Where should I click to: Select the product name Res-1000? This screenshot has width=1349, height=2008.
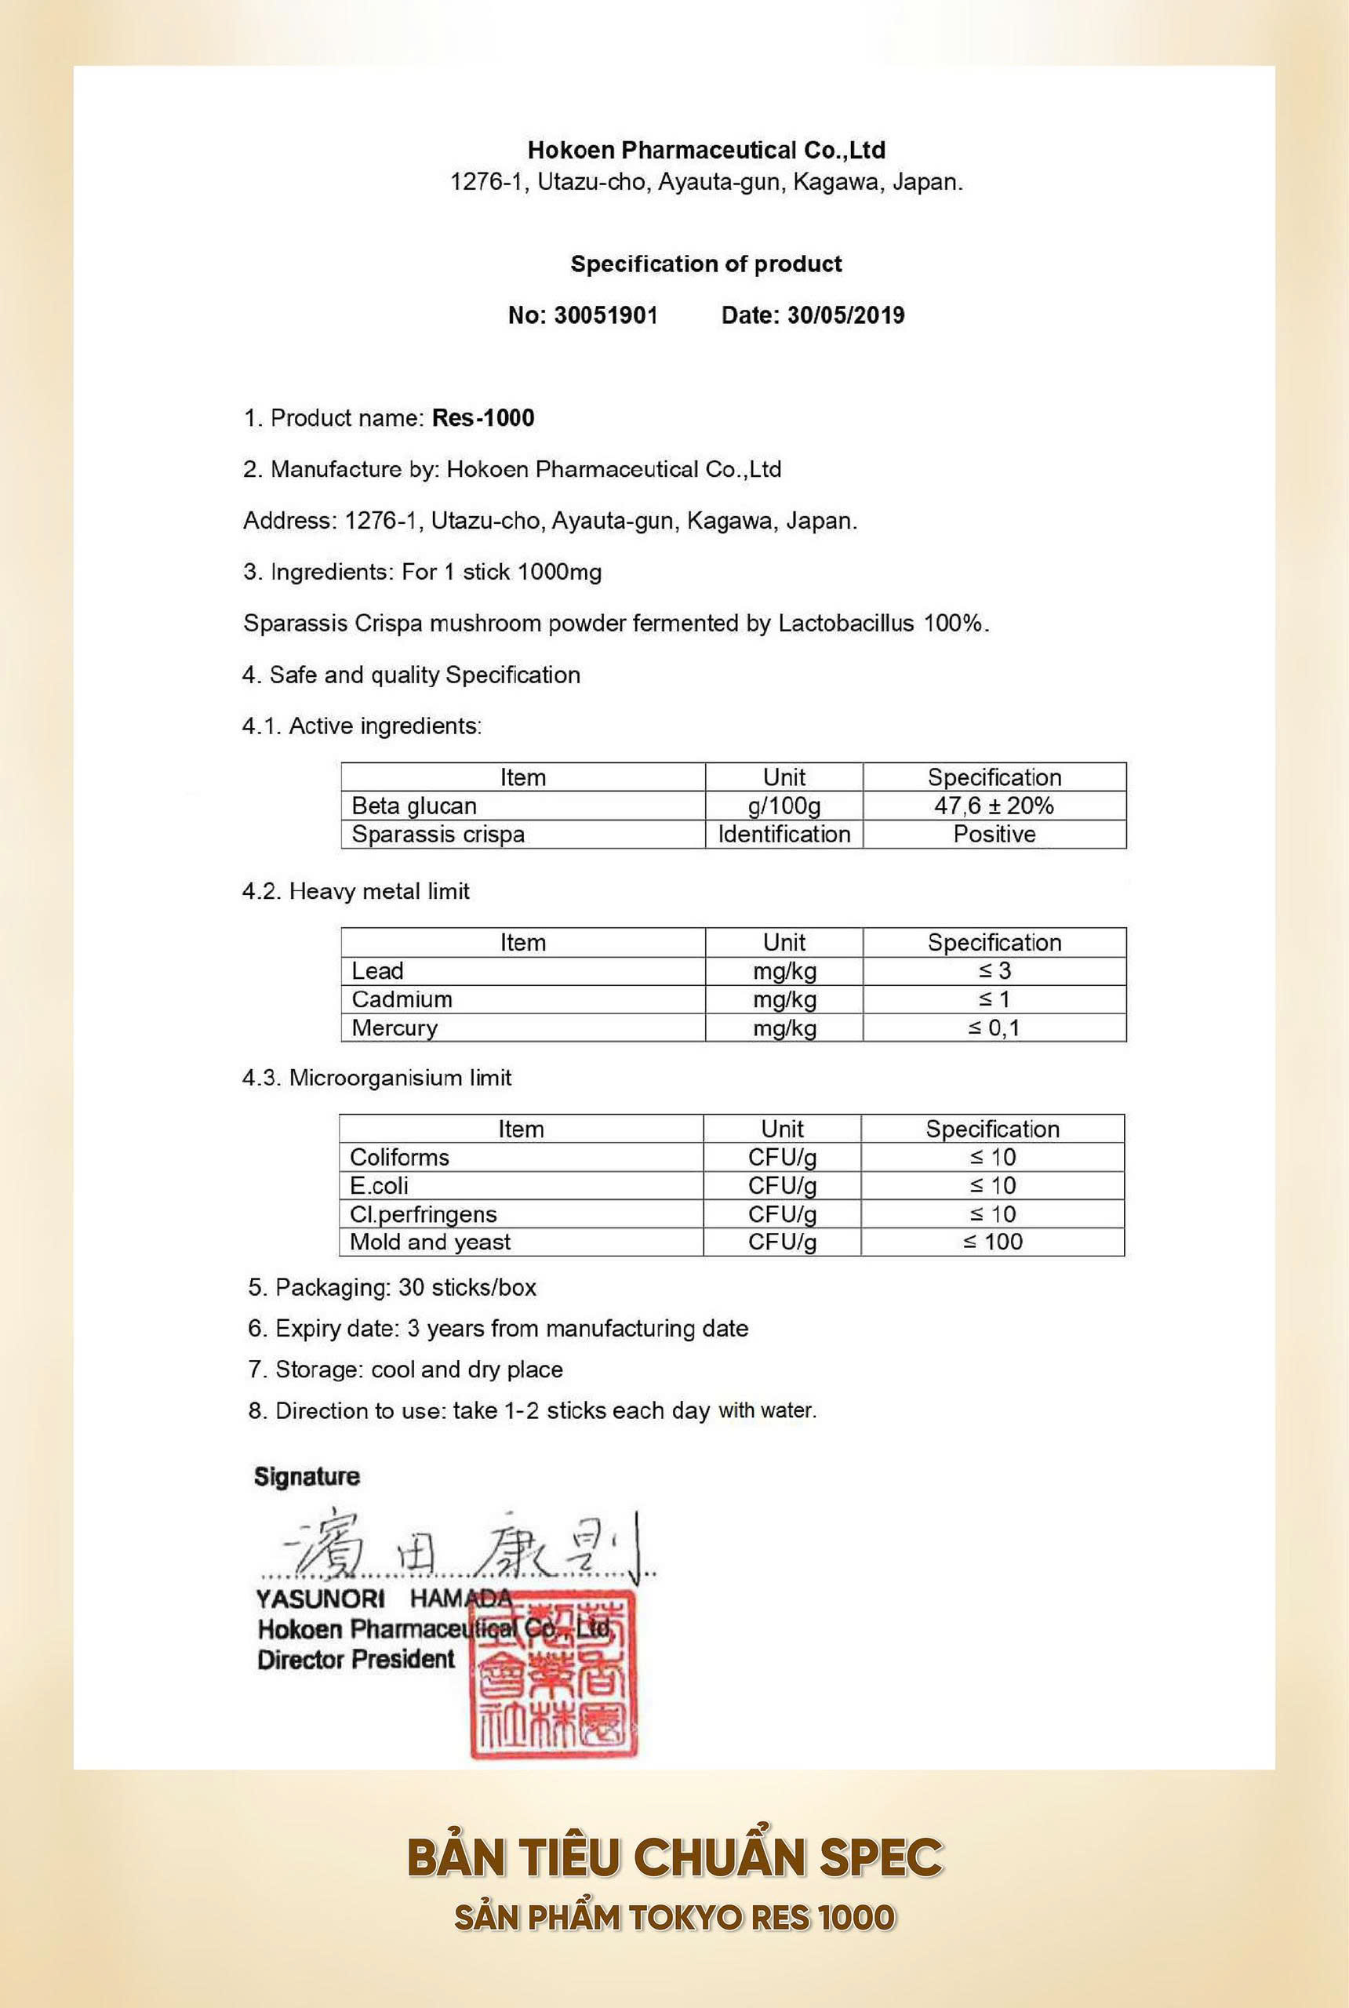[482, 418]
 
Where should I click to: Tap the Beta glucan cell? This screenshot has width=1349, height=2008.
[414, 806]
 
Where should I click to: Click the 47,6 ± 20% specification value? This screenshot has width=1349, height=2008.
[994, 806]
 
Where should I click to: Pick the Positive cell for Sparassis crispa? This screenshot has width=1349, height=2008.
[994, 835]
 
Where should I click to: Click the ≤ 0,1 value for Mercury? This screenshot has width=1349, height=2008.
[994, 1028]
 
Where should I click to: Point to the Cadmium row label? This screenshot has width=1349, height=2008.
[401, 1000]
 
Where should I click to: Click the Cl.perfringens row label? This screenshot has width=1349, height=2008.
[423, 1214]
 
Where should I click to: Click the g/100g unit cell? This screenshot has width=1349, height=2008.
[784, 806]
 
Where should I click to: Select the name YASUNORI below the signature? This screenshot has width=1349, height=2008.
[319, 1599]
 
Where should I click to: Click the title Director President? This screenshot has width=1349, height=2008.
[355, 1660]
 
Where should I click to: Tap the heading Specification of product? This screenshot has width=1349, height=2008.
[705, 264]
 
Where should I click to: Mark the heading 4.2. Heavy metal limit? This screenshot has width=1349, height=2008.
[355, 891]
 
